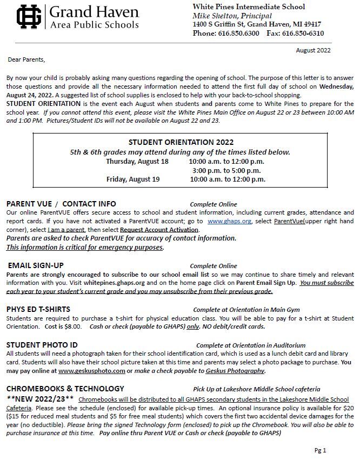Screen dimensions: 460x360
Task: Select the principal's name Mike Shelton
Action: coord(215,16)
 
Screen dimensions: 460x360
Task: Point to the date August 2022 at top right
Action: coord(313,50)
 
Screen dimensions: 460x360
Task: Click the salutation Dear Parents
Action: coord(26,59)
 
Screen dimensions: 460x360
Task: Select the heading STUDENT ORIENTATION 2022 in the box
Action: coord(181,142)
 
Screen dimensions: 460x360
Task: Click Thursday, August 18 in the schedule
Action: coord(137,162)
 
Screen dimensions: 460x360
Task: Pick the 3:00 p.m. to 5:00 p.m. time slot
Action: coord(226,171)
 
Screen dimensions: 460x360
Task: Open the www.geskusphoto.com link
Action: coord(92,371)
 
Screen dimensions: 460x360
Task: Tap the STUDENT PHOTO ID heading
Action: coord(42,345)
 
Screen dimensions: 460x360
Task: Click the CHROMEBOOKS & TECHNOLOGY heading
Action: coord(65,389)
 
